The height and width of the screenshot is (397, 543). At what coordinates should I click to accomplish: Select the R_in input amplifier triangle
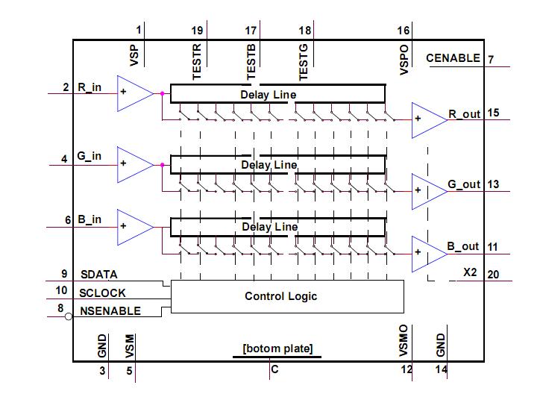(x=132, y=93)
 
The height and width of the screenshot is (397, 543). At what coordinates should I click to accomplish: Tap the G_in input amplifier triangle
(x=132, y=164)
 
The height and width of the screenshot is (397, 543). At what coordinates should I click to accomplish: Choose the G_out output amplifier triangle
(x=427, y=190)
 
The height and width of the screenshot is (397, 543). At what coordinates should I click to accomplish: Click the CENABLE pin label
(x=453, y=58)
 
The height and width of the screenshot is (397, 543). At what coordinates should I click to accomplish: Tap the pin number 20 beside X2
(x=493, y=274)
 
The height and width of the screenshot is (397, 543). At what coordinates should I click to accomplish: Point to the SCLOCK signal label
(x=102, y=293)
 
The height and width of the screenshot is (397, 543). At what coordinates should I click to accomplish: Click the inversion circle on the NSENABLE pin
(x=69, y=317)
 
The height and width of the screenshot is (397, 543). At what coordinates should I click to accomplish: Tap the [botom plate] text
(x=277, y=348)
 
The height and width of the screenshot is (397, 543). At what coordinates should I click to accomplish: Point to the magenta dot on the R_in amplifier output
(x=161, y=94)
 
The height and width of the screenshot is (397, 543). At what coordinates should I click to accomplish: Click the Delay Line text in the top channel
(x=268, y=95)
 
